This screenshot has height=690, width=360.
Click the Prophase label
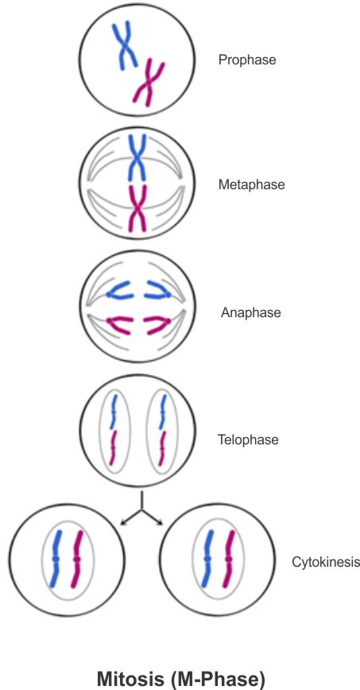coord(247,60)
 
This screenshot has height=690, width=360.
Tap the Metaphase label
coord(252,184)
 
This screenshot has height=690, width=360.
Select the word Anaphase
coord(251,313)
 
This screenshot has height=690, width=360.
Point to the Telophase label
coord(248,440)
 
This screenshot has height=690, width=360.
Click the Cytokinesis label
coord(326,562)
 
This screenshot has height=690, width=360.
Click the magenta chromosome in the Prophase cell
coord(149,83)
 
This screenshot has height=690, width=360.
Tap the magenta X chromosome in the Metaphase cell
coord(137,207)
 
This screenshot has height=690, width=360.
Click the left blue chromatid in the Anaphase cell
coord(119,291)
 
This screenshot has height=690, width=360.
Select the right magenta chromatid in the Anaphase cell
coord(157,325)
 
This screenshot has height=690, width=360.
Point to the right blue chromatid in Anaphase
coord(157,290)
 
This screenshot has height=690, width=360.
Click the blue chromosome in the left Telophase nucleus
coord(114,412)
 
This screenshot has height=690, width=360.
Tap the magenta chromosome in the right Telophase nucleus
coord(162,448)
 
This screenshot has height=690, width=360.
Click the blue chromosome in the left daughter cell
coord(56,558)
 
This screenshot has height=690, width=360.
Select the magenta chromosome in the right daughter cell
coord(228,558)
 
